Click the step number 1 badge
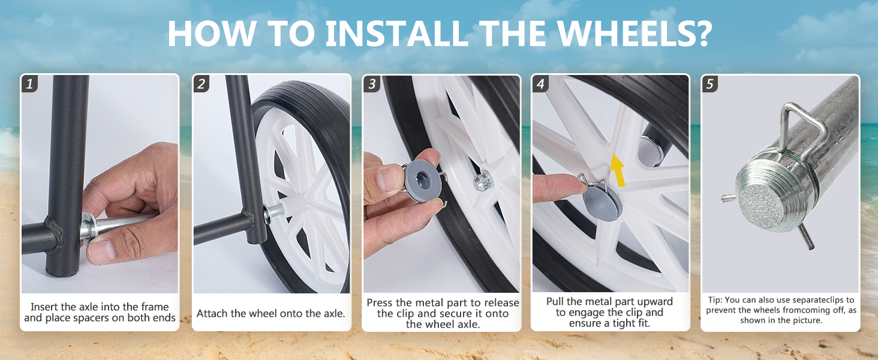point(29,83)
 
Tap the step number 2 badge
point(201,83)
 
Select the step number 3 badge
point(372,83)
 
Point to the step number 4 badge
point(541,83)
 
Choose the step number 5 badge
point(710,83)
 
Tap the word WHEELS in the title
point(634,34)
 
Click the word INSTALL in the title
point(396,34)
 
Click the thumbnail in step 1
point(100,184)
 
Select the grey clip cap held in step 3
point(423,181)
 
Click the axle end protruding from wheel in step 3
point(483,181)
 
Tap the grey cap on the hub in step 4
point(601,203)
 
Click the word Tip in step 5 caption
point(715,300)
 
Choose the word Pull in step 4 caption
point(555,302)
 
